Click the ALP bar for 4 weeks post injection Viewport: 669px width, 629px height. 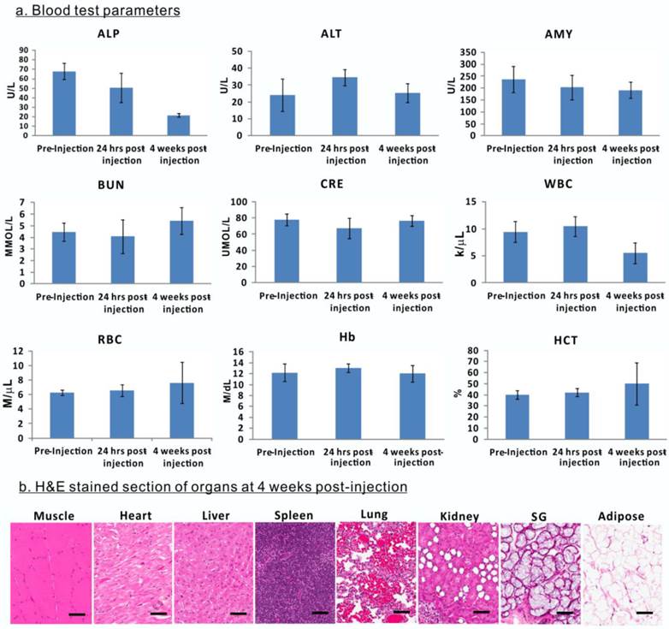(x=177, y=125)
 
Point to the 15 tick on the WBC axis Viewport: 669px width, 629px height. (x=466, y=202)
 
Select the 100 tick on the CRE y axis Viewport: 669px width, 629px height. (x=241, y=202)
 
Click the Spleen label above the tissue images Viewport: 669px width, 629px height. (x=294, y=517)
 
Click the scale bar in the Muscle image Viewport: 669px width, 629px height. (x=75, y=613)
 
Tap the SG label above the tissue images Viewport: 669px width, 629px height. (x=542, y=517)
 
